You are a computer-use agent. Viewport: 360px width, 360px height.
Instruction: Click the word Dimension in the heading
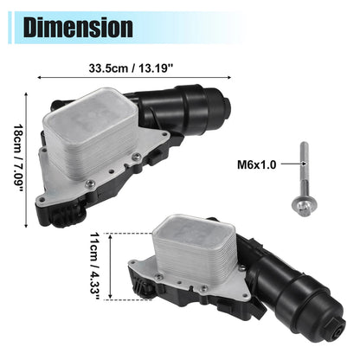[78, 28]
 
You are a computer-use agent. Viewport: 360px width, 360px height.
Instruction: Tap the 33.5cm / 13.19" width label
[131, 68]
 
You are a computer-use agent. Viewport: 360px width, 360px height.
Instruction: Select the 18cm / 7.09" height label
[19, 159]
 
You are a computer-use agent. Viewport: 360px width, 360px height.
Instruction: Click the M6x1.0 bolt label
[257, 165]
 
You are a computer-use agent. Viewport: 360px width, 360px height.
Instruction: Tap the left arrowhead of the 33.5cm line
[40, 77]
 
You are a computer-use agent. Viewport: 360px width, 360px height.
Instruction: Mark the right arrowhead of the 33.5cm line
[229, 77]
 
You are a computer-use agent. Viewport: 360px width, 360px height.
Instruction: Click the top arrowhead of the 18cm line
[26, 94]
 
